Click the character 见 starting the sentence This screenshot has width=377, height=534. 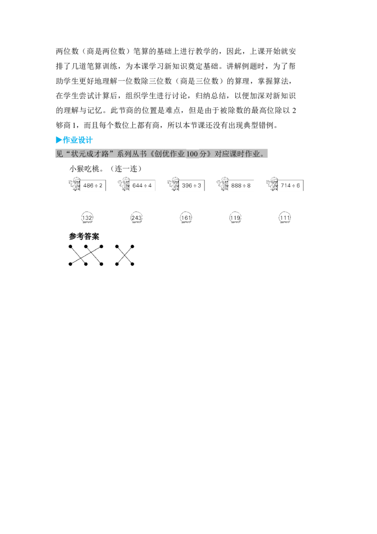(59, 154)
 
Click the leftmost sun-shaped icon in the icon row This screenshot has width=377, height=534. (74, 184)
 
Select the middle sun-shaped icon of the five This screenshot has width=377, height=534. (173, 184)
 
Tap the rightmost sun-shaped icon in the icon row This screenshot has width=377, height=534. (271, 184)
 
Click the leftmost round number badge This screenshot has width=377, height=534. (87, 218)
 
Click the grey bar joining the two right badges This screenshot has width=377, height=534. (261, 218)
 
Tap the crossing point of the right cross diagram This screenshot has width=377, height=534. (124, 255)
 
